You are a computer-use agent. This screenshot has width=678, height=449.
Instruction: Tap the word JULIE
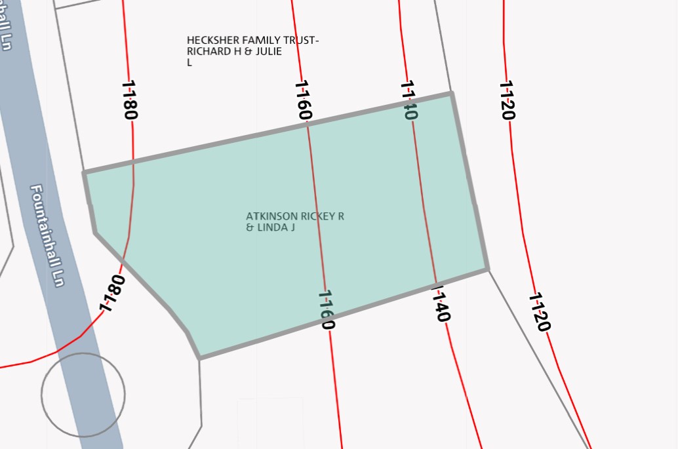tap(268, 52)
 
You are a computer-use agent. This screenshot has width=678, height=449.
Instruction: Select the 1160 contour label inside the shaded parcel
tap(326, 309)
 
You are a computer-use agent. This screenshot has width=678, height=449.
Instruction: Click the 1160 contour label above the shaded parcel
tap(302, 100)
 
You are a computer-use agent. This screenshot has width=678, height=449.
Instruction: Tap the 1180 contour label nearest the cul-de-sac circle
tap(112, 293)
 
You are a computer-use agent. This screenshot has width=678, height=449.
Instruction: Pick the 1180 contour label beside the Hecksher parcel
tap(129, 100)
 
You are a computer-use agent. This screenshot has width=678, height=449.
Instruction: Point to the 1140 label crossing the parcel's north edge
tap(409, 100)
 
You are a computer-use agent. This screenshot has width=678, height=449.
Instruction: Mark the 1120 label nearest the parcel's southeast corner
tap(539, 312)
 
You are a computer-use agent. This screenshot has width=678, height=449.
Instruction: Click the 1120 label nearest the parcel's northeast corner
tap(507, 100)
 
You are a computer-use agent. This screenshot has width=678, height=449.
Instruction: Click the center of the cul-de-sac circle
tap(83, 395)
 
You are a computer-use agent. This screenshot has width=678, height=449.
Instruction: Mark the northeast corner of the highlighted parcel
tap(451, 94)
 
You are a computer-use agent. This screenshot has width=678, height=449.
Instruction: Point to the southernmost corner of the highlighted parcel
tap(199, 359)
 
